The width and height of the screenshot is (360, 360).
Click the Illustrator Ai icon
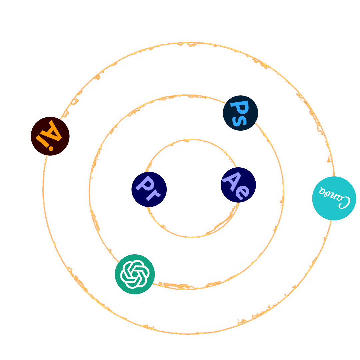pyautogui.click(x=50, y=136)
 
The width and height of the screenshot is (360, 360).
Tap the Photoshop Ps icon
pyautogui.click(x=240, y=113)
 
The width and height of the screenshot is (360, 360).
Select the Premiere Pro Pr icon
pyautogui.click(x=149, y=189)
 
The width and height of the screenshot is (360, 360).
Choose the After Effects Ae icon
pyautogui.click(x=238, y=185)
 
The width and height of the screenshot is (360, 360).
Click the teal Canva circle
pyautogui.click(x=334, y=198)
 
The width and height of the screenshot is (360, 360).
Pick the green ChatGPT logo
pyautogui.click(x=135, y=274)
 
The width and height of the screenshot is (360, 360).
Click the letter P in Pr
pyautogui.click(x=145, y=184)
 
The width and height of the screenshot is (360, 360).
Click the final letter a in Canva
pyautogui.click(x=321, y=191)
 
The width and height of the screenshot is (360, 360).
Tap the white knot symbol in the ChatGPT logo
pyautogui.click(x=134, y=274)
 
